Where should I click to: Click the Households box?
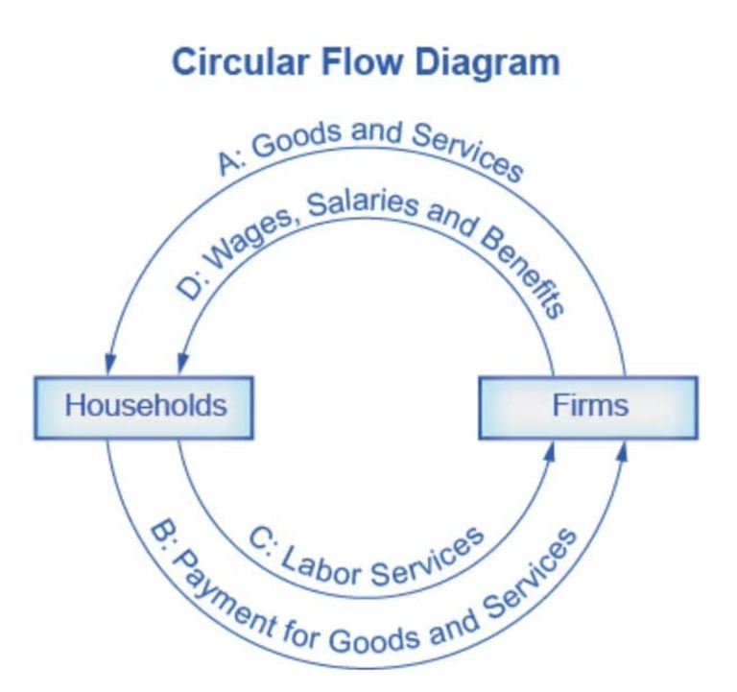[146, 405]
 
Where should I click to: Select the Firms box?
[589, 405]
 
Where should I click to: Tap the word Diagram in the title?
[491, 63]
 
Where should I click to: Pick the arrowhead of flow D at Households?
[178, 366]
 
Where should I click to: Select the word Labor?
[321, 568]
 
